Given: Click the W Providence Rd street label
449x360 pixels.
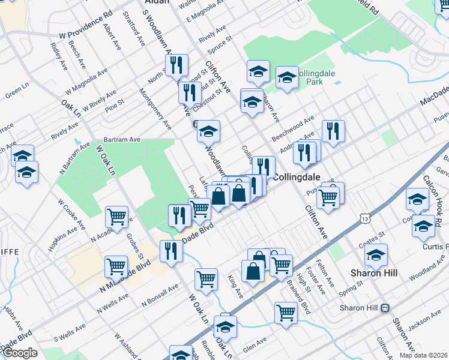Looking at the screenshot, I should click(90, 23).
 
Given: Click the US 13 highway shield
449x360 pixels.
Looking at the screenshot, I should click(366, 220).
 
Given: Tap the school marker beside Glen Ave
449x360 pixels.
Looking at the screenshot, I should click(226, 328).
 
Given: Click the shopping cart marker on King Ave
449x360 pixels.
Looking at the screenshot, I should click(206, 279).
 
